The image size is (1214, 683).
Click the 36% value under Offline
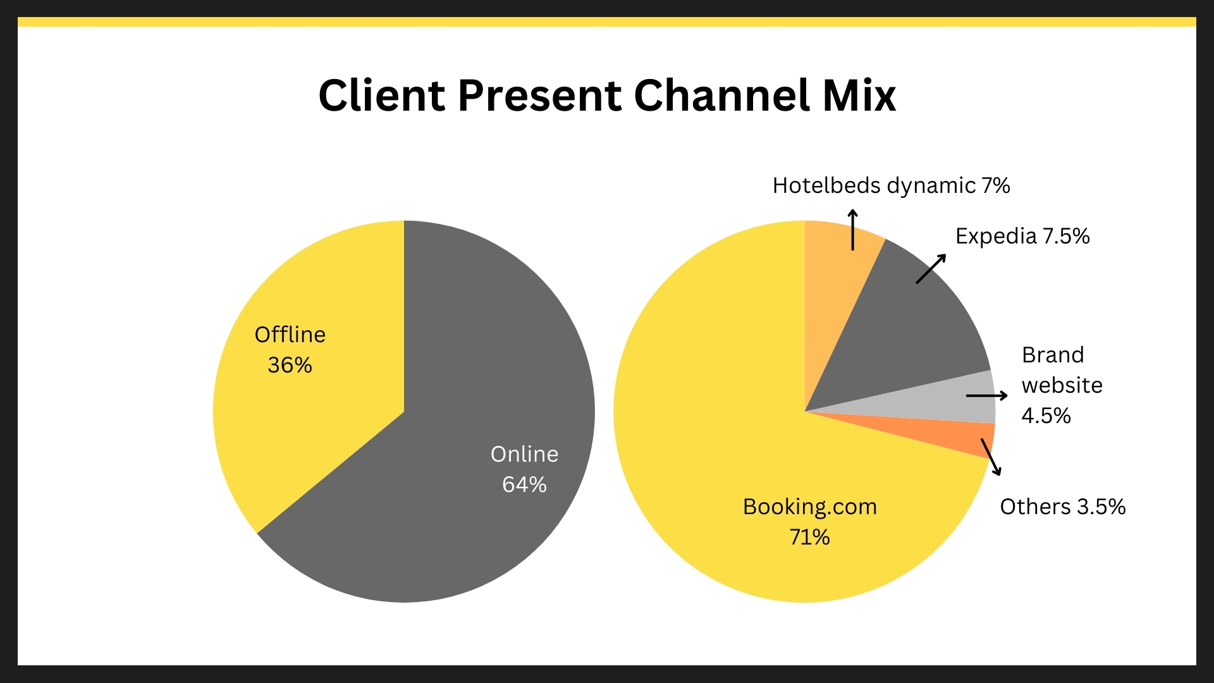click(290, 365)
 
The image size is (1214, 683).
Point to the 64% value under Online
click(524, 484)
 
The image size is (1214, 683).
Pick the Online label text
click(524, 454)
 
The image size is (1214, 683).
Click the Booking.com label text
click(810, 507)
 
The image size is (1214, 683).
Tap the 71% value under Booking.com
click(809, 537)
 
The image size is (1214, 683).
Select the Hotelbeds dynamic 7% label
click(891, 186)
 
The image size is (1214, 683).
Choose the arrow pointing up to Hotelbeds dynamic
click(853, 229)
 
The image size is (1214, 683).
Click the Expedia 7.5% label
click(1022, 237)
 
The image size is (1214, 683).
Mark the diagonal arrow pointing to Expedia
click(931, 269)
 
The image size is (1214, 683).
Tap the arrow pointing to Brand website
click(987, 396)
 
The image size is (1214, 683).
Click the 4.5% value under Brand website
click(1046, 415)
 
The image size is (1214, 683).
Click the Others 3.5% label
click(1063, 507)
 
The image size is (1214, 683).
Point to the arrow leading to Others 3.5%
click(991, 457)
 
